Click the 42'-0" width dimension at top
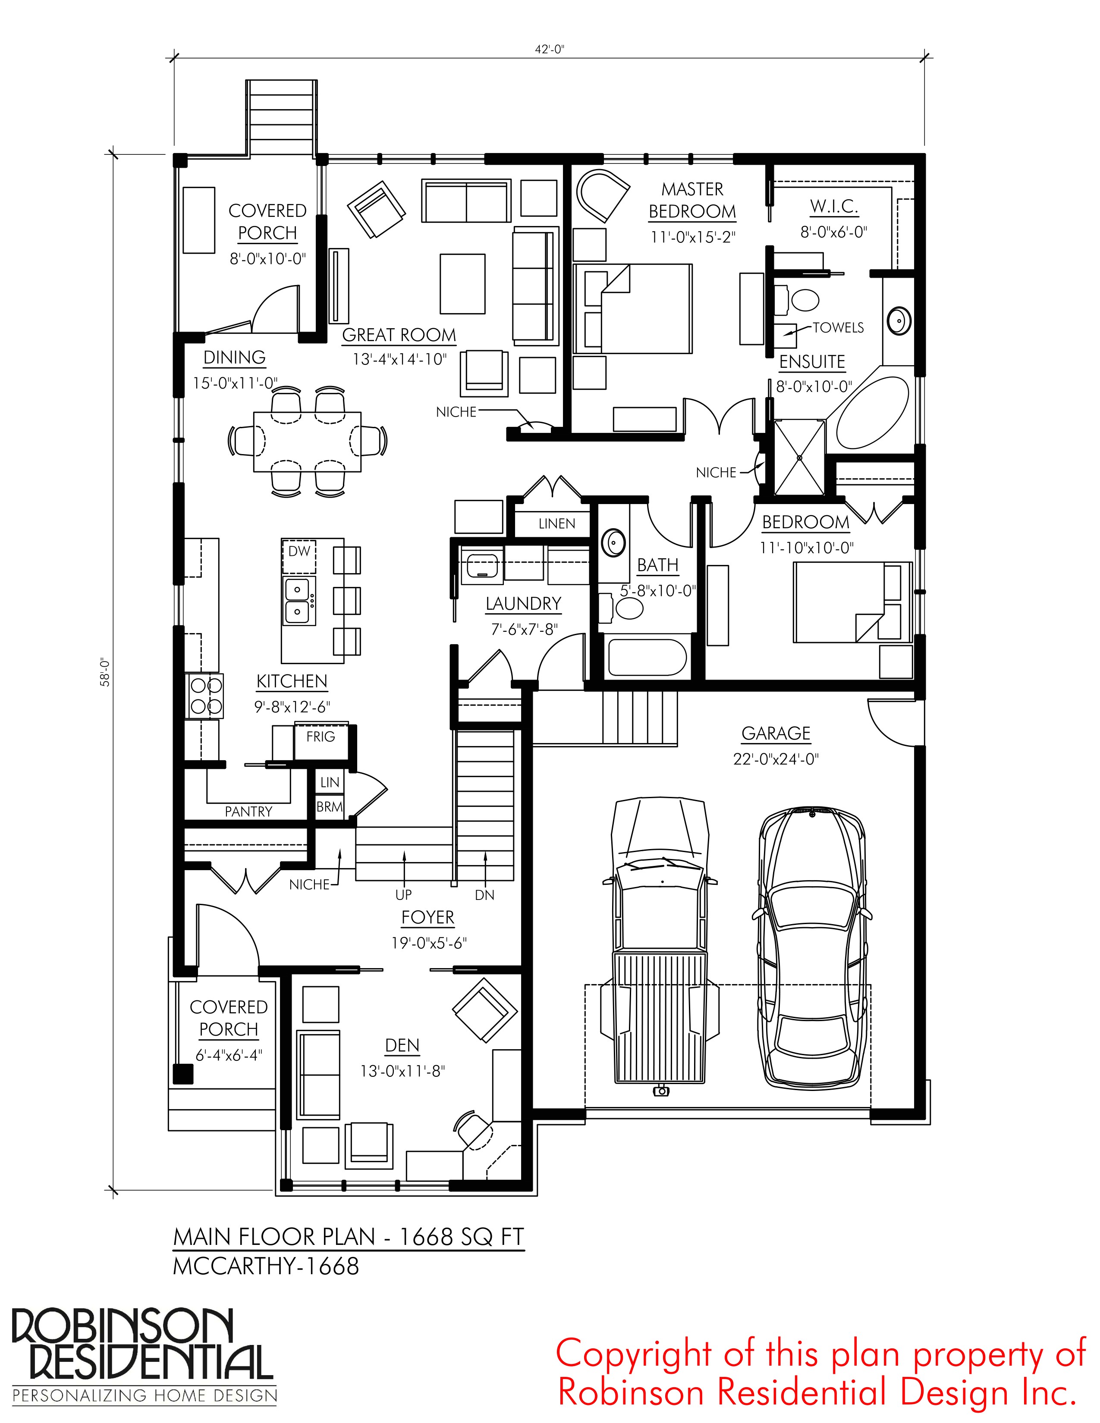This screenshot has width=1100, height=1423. click(x=549, y=49)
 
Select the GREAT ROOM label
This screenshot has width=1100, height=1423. click(x=399, y=335)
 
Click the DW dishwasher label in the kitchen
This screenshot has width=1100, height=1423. click(x=299, y=551)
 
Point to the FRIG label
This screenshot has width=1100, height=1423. click(x=321, y=736)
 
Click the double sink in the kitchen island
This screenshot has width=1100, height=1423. click(x=299, y=601)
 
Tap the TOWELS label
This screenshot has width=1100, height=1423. click(x=838, y=327)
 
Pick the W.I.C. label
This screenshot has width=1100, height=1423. click(x=834, y=207)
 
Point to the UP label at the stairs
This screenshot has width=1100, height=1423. click(x=403, y=895)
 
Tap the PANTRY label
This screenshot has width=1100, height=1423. click(x=248, y=811)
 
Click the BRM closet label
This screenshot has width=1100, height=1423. click(x=330, y=807)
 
